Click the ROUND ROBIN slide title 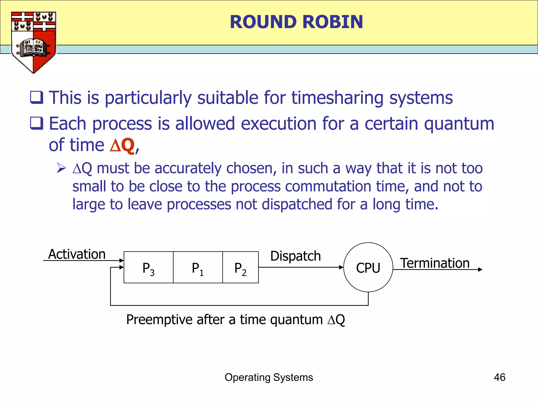296,22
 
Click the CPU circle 368,267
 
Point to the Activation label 77,254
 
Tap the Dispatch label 296,256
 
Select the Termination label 435,263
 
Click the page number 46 499,377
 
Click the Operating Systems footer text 269,377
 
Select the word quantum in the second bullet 459,124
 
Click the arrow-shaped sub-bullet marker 61,168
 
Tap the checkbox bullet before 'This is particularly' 37,98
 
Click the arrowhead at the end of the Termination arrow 480,270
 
